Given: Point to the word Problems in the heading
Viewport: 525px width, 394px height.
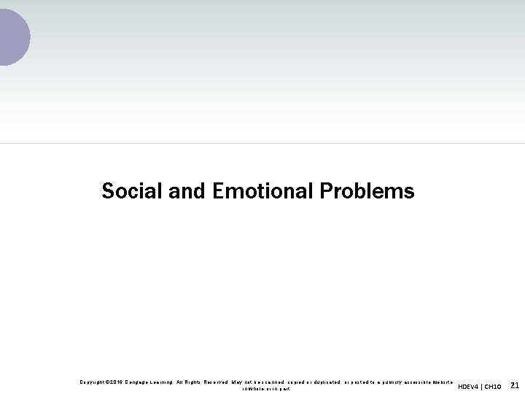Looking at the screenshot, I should click(367, 191).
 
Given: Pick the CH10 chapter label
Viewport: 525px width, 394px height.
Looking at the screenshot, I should click(493, 387).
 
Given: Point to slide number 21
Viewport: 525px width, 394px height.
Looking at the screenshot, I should click(514, 385).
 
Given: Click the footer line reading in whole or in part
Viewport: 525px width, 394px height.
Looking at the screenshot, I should click(266, 389).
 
